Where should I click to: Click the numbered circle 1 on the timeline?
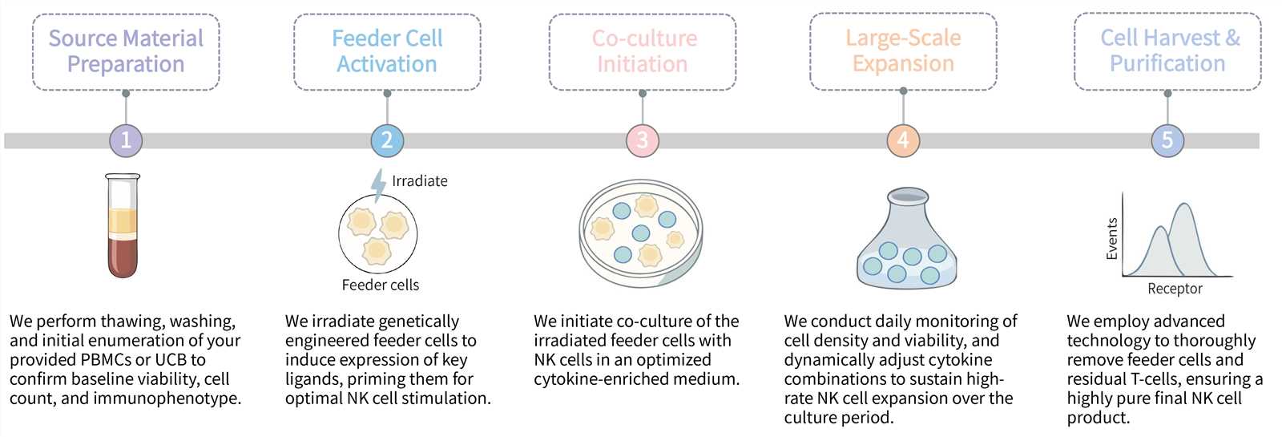click(126, 140)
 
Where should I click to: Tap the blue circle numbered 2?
click(387, 140)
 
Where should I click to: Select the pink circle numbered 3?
click(642, 140)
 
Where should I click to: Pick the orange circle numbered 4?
click(903, 140)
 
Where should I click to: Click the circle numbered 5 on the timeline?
click(1167, 140)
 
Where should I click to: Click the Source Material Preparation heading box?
click(126, 51)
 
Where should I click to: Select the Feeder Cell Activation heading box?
click(387, 51)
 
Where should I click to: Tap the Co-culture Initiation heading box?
click(642, 51)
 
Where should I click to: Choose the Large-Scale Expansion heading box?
click(903, 51)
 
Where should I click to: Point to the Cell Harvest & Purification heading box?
click(1167, 51)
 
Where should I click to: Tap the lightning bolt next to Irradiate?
click(378, 184)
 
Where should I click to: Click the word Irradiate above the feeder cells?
click(419, 181)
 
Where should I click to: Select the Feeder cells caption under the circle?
click(380, 285)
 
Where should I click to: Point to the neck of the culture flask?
click(908, 205)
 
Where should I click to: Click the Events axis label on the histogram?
click(1112, 238)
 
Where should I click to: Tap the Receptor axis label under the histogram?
click(1175, 289)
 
